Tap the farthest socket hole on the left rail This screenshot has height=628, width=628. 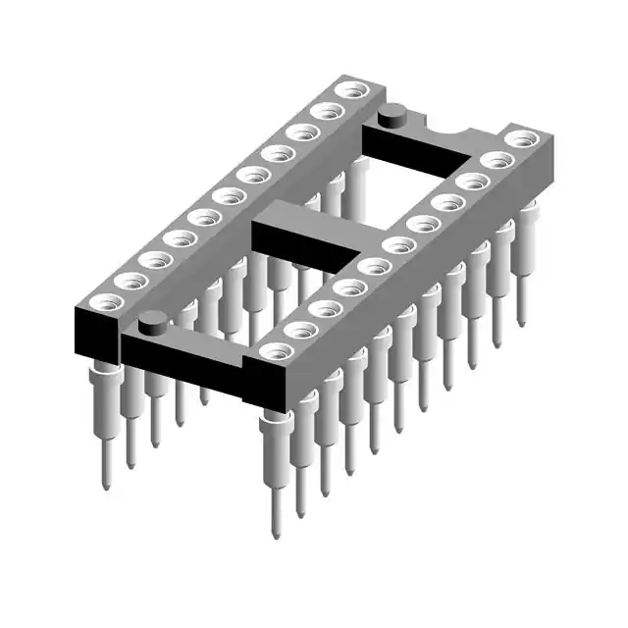(347, 91)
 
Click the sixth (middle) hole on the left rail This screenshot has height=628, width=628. (228, 195)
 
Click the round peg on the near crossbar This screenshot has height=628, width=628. (151, 321)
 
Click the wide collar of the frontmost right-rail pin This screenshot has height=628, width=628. (274, 427)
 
